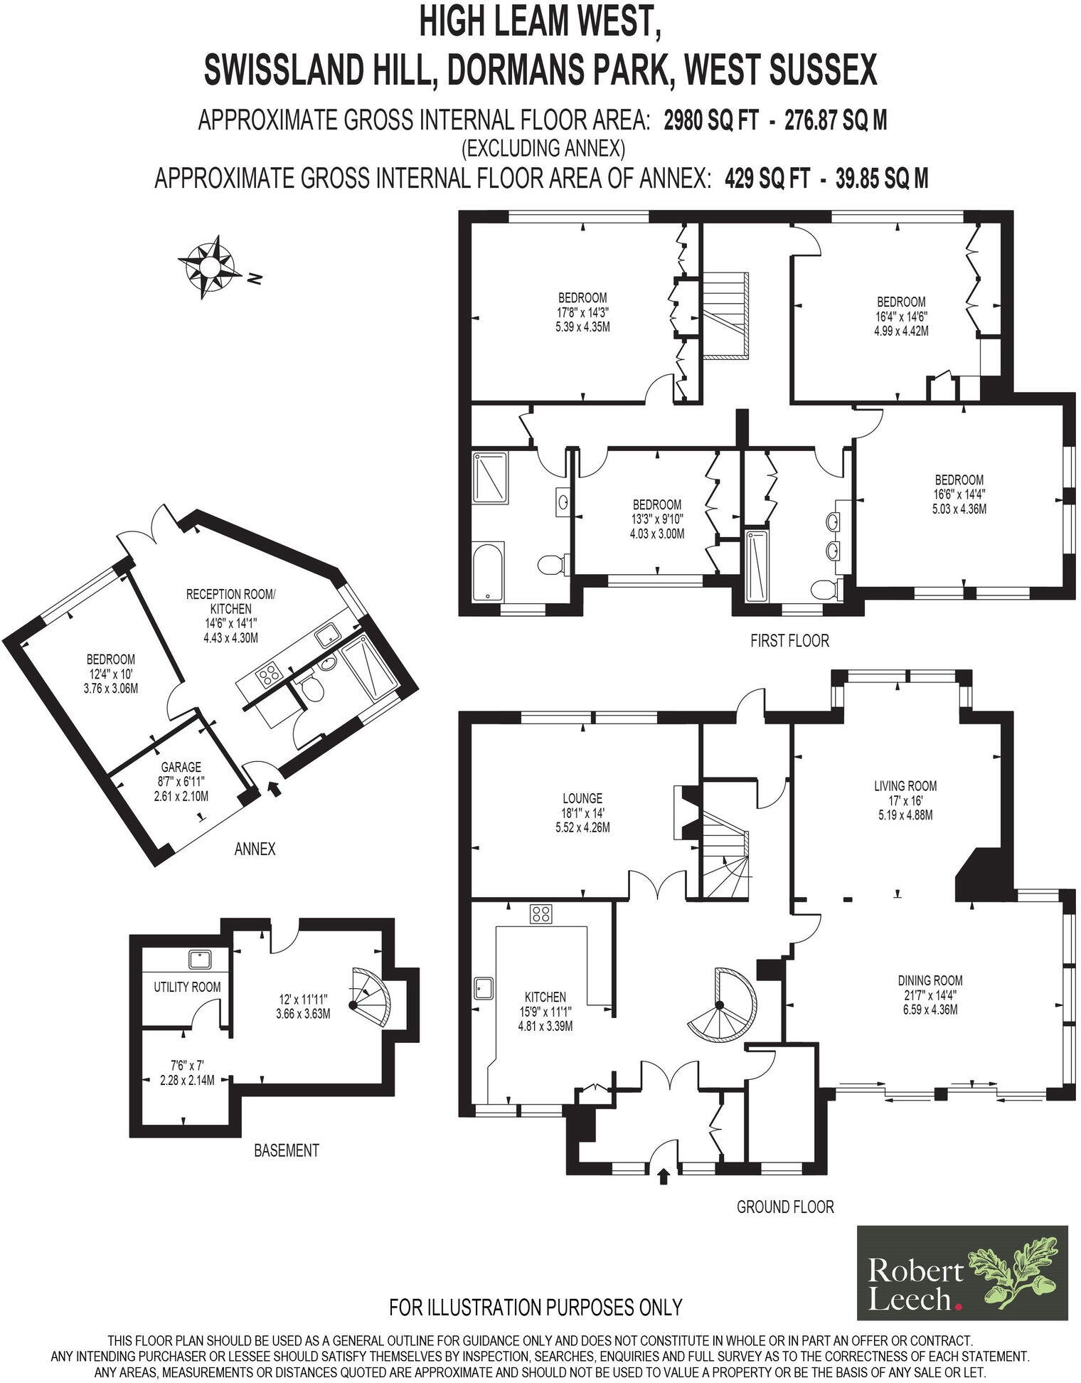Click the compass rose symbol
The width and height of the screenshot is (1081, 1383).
click(x=209, y=267)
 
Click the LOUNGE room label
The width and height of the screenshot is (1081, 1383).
click(x=582, y=798)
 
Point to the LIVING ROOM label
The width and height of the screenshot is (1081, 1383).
click(x=905, y=786)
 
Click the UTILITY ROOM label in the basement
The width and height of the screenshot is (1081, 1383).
click(x=187, y=987)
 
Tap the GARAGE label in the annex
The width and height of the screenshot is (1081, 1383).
click(x=181, y=767)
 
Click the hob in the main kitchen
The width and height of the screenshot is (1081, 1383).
click(x=541, y=914)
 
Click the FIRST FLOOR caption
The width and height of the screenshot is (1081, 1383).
click(x=789, y=640)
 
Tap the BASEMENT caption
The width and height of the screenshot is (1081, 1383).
click(x=286, y=1150)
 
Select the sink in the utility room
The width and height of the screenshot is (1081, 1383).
click(x=201, y=960)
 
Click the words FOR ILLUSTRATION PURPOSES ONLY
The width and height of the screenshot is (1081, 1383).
click(x=536, y=1308)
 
